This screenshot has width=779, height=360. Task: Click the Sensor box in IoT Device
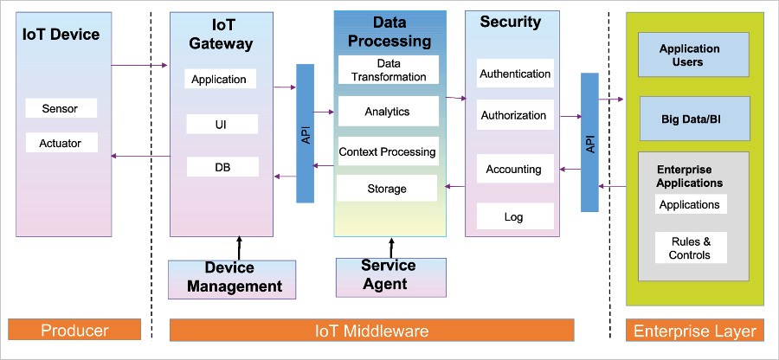[61, 108]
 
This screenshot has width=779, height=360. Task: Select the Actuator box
[61, 143]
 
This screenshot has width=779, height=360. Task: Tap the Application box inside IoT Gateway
[219, 80]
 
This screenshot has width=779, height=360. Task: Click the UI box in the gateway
[222, 125]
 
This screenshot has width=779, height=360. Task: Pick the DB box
[222, 167]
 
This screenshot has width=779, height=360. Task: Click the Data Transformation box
[389, 70]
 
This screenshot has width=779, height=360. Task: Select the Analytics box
[387, 112]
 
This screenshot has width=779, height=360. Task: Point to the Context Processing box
[387, 151]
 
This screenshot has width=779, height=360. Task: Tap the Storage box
[386, 189]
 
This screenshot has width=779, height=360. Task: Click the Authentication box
[515, 74]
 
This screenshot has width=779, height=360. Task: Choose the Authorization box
[514, 115]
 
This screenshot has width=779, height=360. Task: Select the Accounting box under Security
[514, 170]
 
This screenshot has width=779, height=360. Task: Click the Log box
[514, 216]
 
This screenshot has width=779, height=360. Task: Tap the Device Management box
[231, 277]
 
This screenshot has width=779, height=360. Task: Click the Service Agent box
[389, 274]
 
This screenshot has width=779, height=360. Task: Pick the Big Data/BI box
[693, 119]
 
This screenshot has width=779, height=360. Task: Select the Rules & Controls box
[690, 248]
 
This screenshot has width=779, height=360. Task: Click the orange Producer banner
[75, 331]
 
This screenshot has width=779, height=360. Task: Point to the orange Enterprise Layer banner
[695, 331]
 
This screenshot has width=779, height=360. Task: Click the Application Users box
[693, 56]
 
